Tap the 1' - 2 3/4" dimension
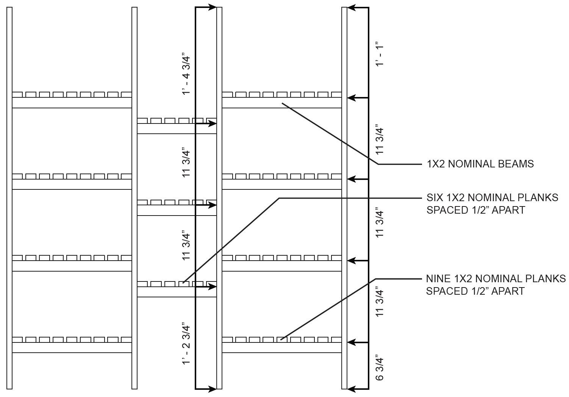[186, 344]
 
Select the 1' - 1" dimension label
[380, 54]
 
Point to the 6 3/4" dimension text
[380, 367]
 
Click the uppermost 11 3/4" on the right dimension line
[380, 139]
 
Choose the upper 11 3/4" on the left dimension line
[186, 163]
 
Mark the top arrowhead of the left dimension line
[212, 7]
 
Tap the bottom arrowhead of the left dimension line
[212, 389]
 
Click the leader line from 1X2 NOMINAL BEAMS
[330, 133]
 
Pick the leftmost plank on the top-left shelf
[17, 94]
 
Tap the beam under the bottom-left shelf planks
[72, 348]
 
